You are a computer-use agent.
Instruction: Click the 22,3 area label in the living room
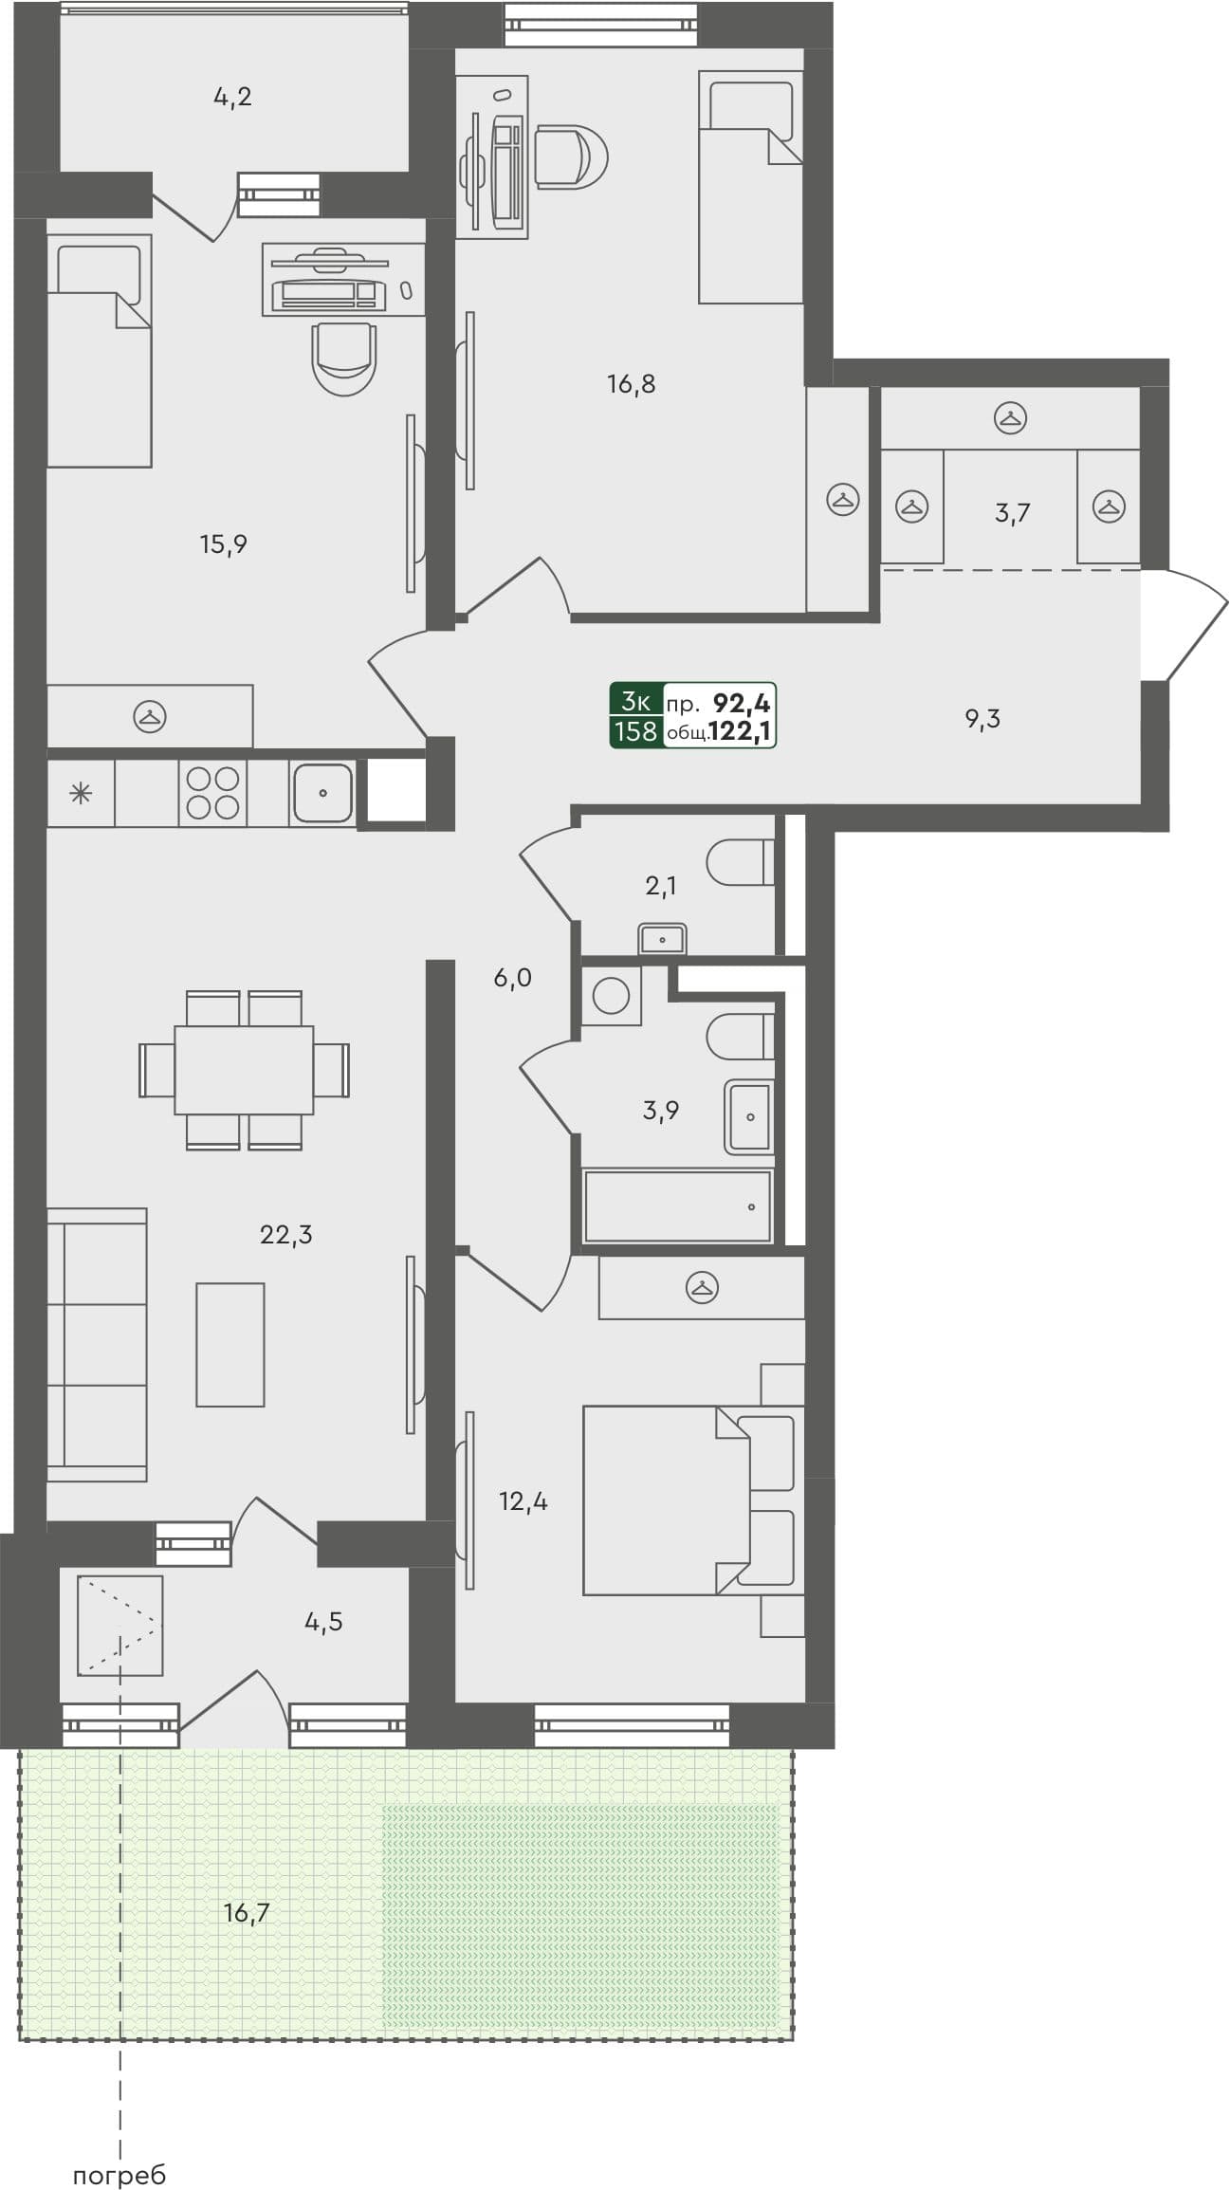coord(285,1234)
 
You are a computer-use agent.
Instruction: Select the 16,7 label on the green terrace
coord(247,1912)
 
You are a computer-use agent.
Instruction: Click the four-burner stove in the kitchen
coord(212,792)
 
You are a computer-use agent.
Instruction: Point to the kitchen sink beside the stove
coord(322,792)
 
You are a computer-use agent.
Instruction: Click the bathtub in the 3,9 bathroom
coord(676,1206)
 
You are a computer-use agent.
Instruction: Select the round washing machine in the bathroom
coord(611,995)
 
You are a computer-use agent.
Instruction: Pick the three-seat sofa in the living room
coord(96,1344)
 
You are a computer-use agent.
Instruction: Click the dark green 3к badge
coord(635,703)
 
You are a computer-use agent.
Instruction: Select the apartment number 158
coord(635,731)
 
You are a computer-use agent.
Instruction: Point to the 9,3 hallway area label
coord(982,719)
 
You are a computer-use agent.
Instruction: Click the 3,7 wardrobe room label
coord(1012,513)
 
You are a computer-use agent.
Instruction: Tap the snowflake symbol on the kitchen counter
coord(82,793)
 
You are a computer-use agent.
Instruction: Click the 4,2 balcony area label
coord(232,97)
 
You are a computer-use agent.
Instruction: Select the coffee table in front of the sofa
coord(230,1344)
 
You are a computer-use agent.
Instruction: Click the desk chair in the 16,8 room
coord(570,156)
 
